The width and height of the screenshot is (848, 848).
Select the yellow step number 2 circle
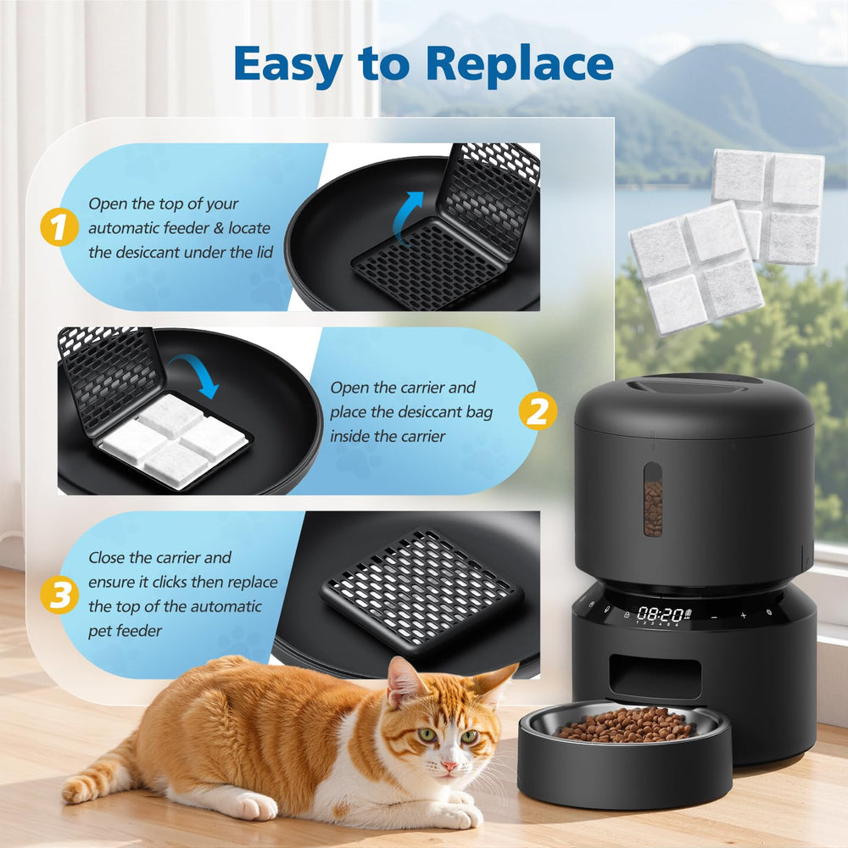click(x=538, y=411)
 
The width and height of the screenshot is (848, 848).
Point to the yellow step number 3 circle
click(x=59, y=595)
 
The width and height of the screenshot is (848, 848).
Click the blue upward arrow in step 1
click(x=407, y=216)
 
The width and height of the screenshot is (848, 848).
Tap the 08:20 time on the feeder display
click(x=660, y=614)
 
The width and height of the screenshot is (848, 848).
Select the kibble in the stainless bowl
click(x=624, y=725)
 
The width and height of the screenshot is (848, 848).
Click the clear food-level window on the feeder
click(x=653, y=499)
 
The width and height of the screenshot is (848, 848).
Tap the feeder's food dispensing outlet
click(x=655, y=676)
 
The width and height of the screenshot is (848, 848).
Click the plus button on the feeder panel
click(x=743, y=616)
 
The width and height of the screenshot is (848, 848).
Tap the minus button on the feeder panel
click(x=714, y=616)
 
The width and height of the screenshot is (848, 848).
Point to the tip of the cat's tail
click(x=68, y=793)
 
